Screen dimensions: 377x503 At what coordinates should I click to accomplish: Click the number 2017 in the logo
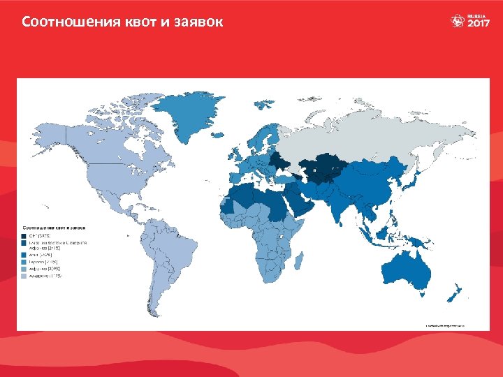[x=479, y=24]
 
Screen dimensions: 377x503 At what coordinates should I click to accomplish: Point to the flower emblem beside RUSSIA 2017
[x=458, y=21]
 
